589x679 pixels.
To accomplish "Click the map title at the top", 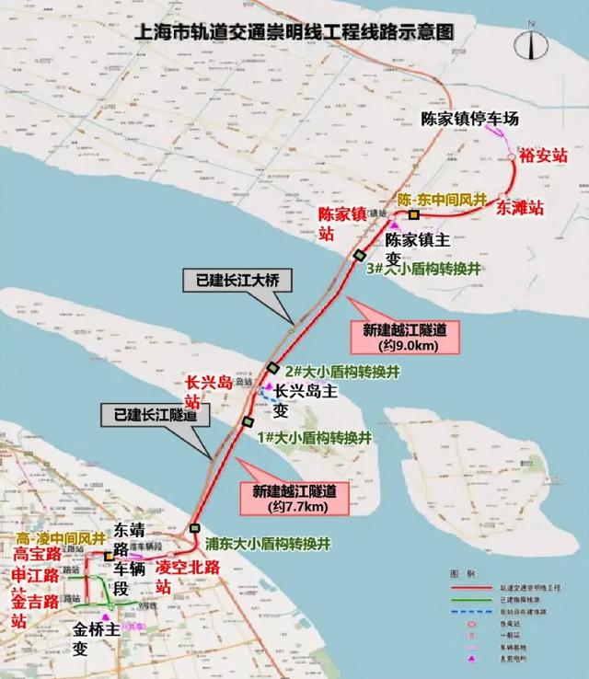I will tap(294, 29).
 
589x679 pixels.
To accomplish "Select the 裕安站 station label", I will tap(540, 155).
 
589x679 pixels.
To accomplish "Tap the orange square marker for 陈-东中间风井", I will tap(414, 214).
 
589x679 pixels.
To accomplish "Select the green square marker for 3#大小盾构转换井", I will tap(360, 255).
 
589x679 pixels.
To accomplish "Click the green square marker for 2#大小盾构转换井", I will tap(272, 368).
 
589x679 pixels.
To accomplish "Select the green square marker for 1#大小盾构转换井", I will tap(247, 421).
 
